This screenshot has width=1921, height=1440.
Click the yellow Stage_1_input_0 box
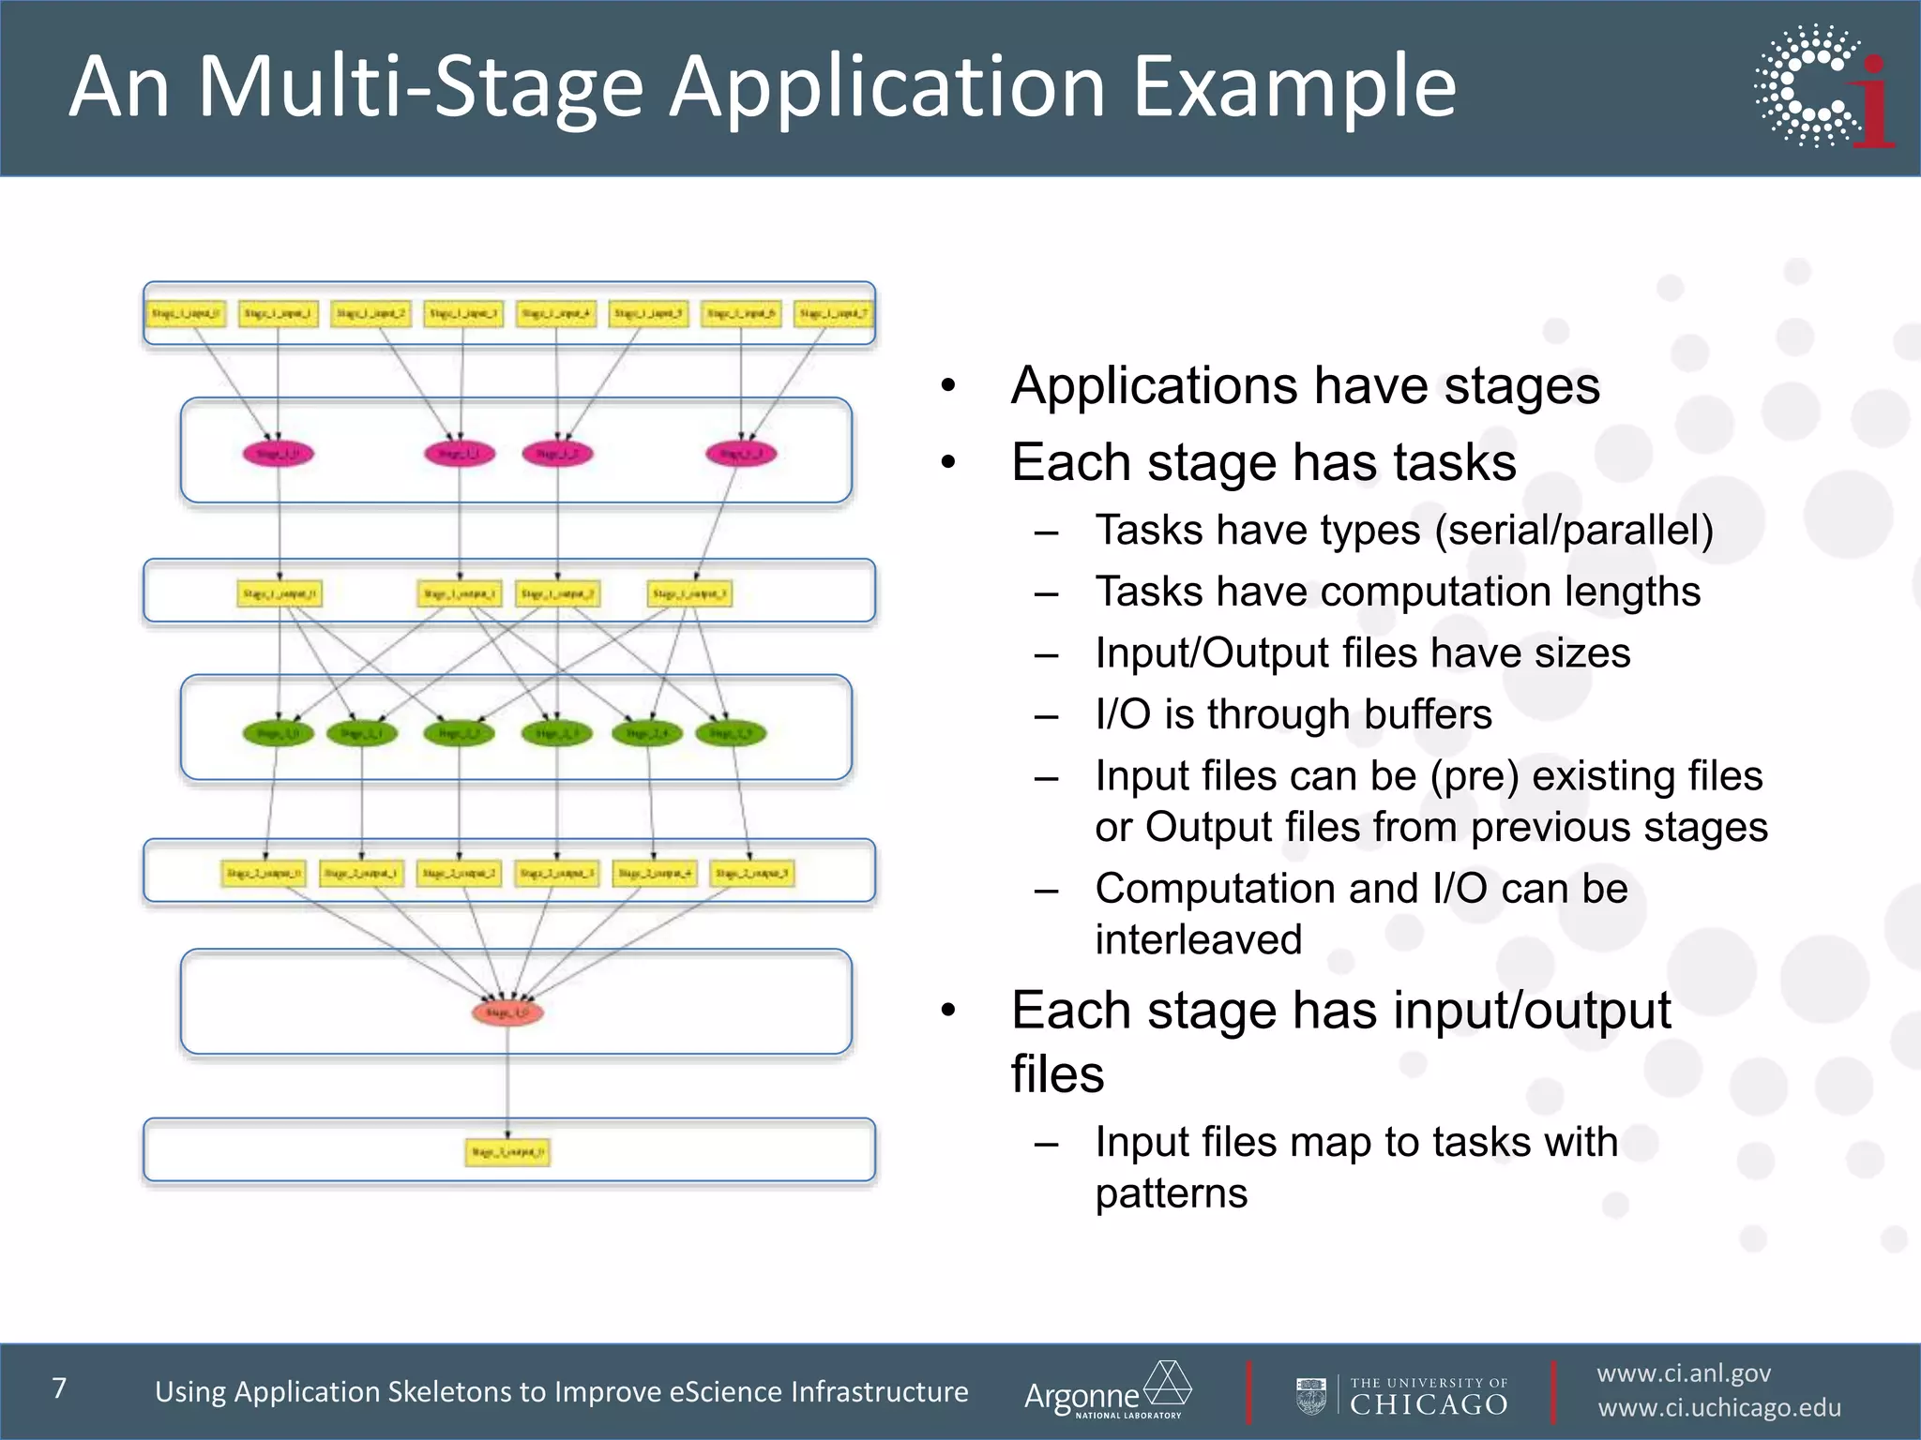tap(185, 313)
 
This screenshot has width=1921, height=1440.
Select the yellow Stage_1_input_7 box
tap(833, 313)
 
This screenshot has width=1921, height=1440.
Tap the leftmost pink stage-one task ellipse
tap(278, 454)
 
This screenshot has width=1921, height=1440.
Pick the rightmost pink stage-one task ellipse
tap(741, 454)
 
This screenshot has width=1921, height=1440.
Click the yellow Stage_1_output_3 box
tap(689, 593)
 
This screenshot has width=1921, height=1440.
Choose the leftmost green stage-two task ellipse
tap(278, 733)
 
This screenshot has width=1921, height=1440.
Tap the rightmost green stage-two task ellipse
tap(731, 733)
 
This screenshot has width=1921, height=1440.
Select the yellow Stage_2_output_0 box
tap(264, 873)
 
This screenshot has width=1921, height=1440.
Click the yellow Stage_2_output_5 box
tap(751, 873)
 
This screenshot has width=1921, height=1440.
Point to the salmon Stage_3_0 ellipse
tap(507, 1012)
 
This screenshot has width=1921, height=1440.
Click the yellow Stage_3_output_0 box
tap(507, 1151)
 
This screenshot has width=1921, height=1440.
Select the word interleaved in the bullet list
tap(1198, 939)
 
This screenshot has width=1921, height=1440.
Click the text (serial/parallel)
tap(1573, 531)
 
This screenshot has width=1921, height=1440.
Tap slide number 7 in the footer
tap(60, 1388)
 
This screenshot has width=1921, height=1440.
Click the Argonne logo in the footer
tap(1107, 1391)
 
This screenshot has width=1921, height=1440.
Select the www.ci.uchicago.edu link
tap(1718, 1408)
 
